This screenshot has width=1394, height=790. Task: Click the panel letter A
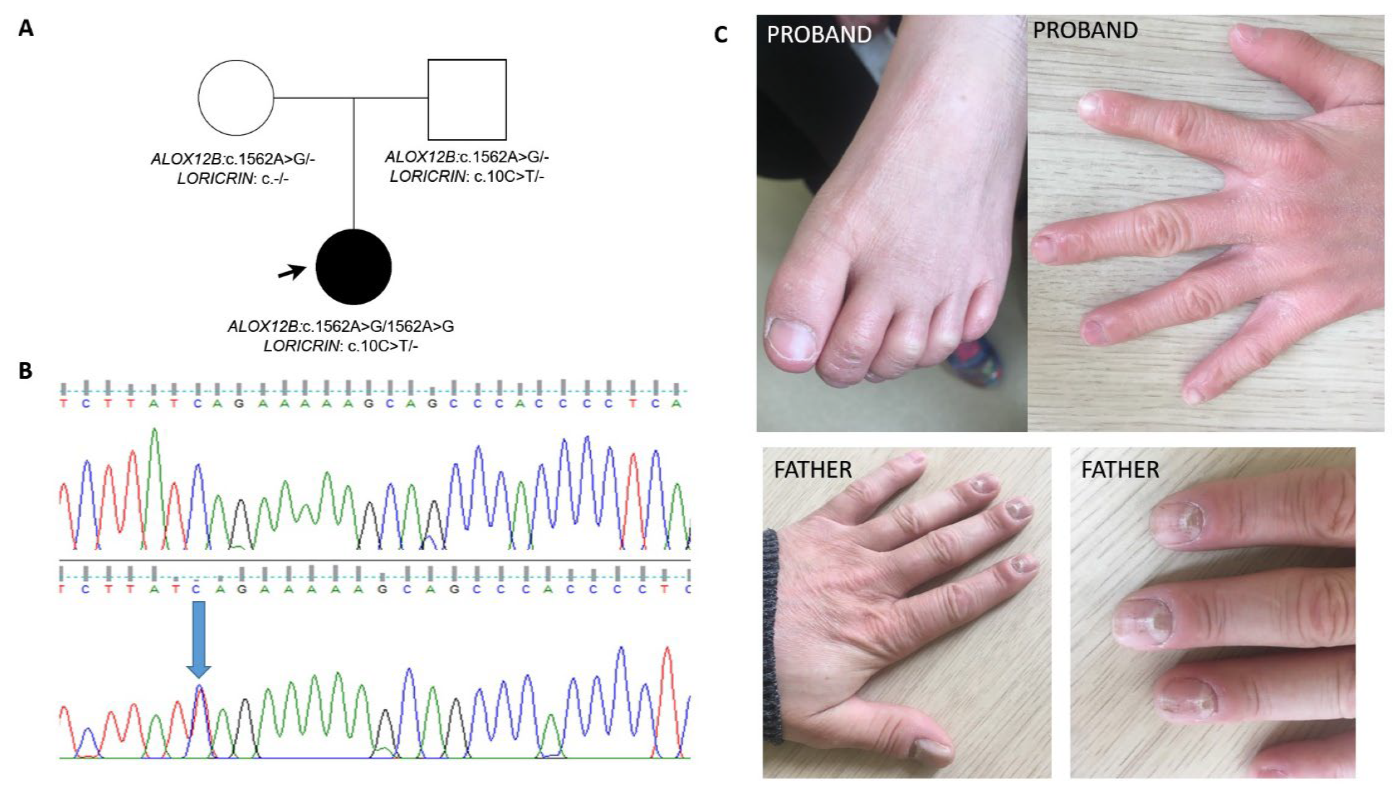tap(25, 28)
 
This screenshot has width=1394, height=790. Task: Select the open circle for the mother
tap(235, 98)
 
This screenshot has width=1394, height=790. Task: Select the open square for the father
tap(467, 99)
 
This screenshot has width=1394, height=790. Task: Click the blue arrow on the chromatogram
tap(198, 639)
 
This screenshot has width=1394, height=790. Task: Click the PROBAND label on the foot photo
tap(819, 34)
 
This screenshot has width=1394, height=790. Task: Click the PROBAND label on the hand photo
tap(1085, 30)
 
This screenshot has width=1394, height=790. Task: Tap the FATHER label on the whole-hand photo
tap(812, 470)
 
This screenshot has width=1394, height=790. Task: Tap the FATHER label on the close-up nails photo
tap(1120, 470)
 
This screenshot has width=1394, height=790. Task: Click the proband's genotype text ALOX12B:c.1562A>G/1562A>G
tap(340, 327)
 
